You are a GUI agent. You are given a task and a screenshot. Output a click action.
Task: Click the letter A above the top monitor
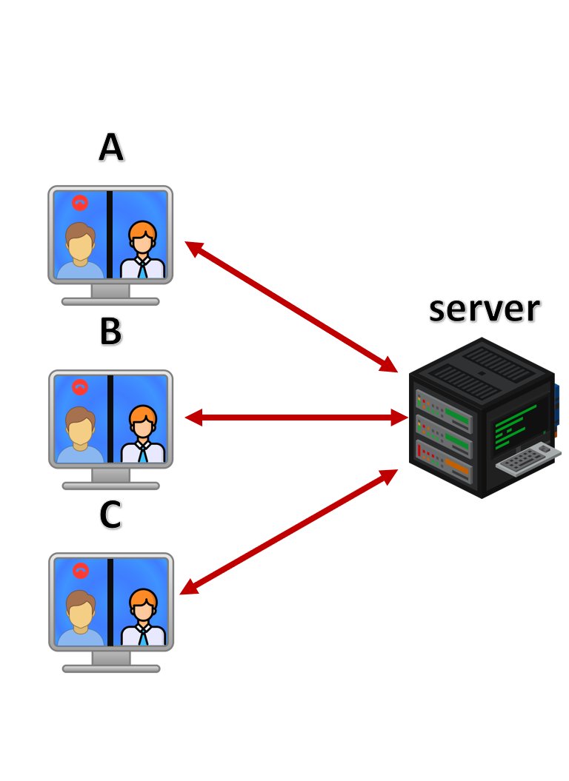click(110, 147)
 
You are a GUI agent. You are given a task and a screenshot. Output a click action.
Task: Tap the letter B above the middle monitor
click(110, 331)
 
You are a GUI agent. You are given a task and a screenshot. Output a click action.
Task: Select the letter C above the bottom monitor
click(110, 514)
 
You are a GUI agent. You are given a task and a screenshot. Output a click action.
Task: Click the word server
click(485, 309)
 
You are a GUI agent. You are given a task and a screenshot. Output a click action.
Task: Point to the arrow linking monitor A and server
click(291, 306)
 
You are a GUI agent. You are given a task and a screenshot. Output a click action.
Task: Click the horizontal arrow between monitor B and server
click(296, 418)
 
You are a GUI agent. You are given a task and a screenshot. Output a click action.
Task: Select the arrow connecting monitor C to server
click(289, 532)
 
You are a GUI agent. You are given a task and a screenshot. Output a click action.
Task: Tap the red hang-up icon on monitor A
click(80, 203)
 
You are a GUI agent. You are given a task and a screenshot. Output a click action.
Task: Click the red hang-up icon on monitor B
click(80, 387)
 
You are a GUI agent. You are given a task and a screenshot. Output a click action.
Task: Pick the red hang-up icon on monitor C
click(80, 570)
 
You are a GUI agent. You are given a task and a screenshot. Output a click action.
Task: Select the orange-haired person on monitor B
click(143, 434)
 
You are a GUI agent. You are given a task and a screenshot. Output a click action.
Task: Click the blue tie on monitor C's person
click(143, 636)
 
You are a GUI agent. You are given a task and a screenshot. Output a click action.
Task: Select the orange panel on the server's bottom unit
click(458, 466)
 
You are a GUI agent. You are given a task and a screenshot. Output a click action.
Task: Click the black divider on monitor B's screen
click(110, 419)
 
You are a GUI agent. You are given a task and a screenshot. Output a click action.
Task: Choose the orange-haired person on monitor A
click(143, 249)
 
